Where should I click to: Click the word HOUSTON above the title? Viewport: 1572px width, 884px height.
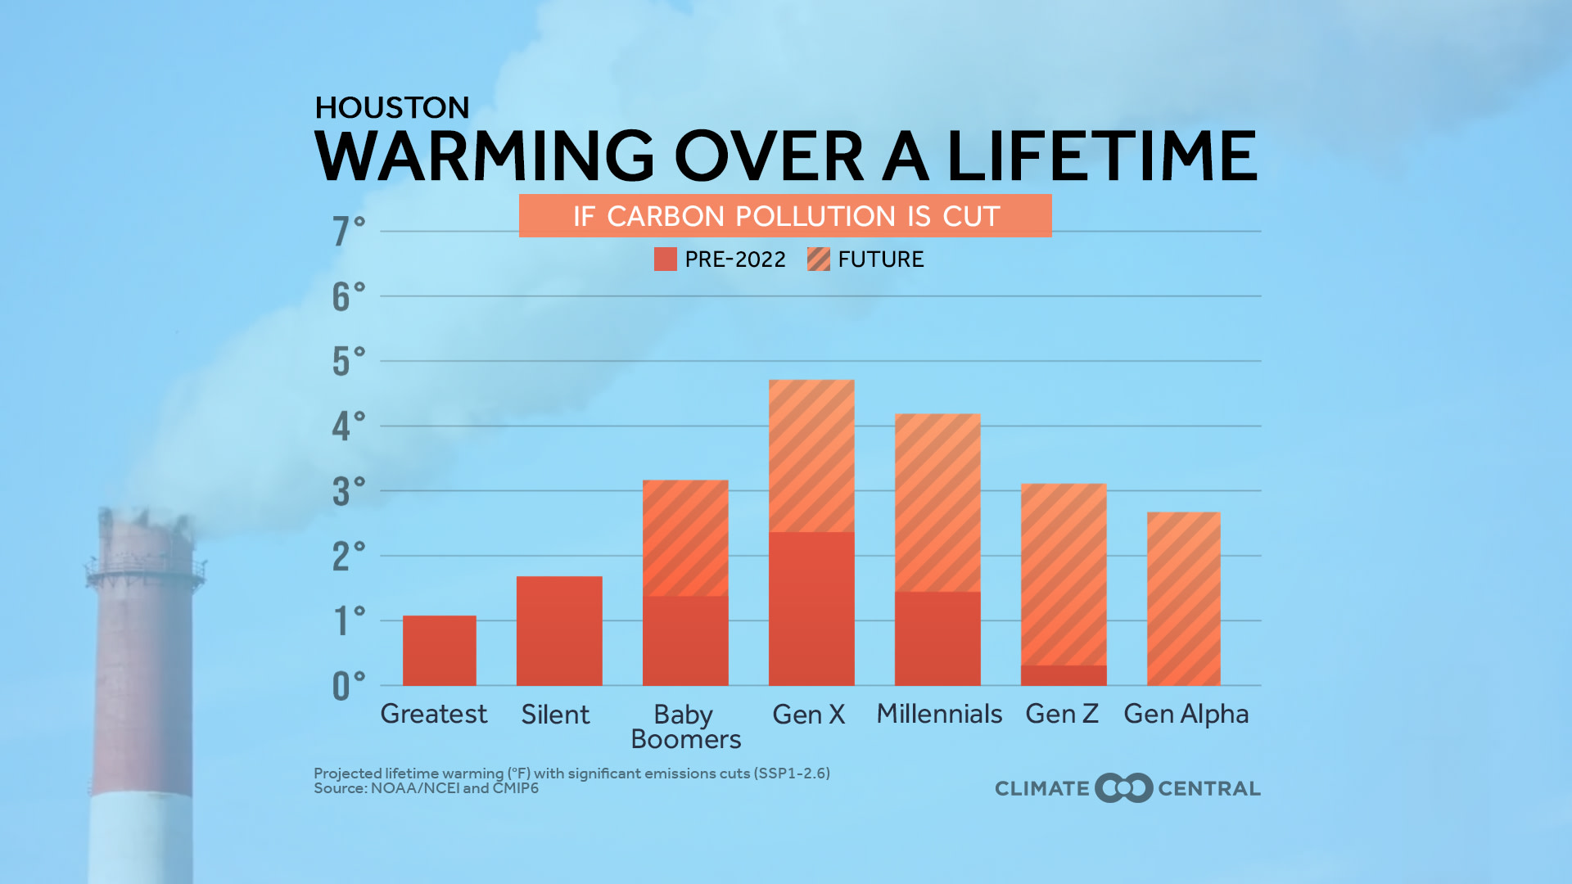click(x=391, y=108)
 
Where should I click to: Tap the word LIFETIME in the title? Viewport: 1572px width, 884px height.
click(x=1101, y=156)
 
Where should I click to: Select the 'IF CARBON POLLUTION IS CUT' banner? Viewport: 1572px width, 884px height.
click(x=784, y=216)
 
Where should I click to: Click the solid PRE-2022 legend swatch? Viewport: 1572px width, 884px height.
click(x=665, y=259)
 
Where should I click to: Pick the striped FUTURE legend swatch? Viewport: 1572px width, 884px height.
click(x=818, y=259)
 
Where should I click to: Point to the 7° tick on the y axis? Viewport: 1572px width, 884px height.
click(x=348, y=231)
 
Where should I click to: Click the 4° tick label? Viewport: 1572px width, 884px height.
click(x=348, y=426)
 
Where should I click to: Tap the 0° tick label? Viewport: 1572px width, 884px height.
click(x=348, y=686)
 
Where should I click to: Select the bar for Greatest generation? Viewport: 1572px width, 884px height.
click(x=439, y=651)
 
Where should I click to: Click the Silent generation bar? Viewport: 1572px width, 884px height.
click(x=558, y=631)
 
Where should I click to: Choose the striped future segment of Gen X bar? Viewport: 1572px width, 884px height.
click(x=811, y=455)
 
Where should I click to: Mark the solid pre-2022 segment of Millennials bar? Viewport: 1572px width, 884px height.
click(x=937, y=638)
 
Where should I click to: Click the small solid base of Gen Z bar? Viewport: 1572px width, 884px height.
click(x=1063, y=675)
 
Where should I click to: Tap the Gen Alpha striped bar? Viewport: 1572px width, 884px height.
click(x=1183, y=598)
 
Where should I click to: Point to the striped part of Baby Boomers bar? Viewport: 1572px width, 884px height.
click(x=684, y=537)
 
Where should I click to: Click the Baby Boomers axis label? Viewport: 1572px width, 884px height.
click(x=684, y=727)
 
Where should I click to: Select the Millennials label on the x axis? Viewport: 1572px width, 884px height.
click(x=938, y=714)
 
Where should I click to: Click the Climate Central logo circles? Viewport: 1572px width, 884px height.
click(x=1123, y=788)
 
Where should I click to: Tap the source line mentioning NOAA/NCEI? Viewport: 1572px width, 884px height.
click(x=426, y=788)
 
